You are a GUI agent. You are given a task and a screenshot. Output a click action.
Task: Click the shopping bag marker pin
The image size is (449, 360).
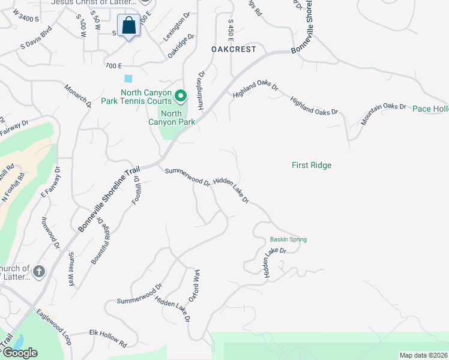click(128, 26)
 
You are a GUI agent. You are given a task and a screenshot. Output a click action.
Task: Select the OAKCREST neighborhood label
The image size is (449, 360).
click(234, 49)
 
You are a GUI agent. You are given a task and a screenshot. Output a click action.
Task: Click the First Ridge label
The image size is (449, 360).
click(312, 165)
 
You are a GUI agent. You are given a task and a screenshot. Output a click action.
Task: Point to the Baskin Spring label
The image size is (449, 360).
click(288, 239)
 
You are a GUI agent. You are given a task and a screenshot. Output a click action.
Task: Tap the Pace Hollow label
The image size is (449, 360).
click(430, 109)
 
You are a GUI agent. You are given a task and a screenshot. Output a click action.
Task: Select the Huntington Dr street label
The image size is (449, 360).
click(200, 91)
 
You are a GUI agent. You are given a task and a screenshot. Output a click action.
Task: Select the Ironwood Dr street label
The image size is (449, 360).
click(50, 233)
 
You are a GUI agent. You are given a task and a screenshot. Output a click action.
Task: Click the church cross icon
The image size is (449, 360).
click(39, 272)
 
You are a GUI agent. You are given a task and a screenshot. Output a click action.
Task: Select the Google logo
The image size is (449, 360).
click(20, 353)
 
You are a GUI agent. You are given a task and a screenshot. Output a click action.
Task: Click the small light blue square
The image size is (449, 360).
click(128, 79)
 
